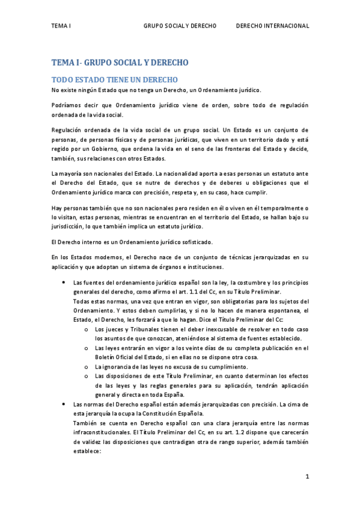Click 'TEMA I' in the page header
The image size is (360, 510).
pyautogui.click(x=61, y=26)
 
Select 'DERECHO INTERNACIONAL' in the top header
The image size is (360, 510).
pyautogui.click(x=272, y=26)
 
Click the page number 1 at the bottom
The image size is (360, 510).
pyautogui.click(x=307, y=477)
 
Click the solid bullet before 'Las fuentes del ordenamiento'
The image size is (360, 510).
pyautogui.click(x=64, y=283)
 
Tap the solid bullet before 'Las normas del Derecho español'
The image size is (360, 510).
pyautogui.click(x=64, y=405)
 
